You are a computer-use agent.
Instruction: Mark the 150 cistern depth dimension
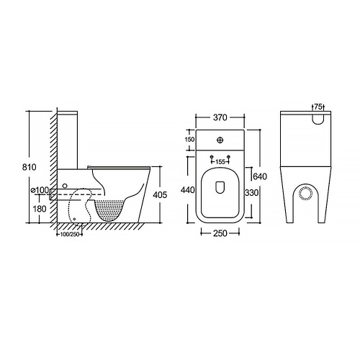[x=190, y=140]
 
